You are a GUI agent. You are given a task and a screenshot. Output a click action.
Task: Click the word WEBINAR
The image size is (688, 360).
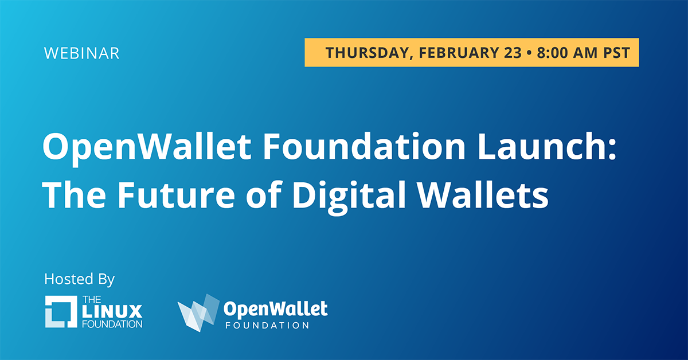(81, 53)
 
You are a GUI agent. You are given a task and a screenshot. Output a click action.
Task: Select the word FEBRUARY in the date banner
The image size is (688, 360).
(459, 53)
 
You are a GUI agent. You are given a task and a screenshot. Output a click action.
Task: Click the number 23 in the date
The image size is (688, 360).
(513, 53)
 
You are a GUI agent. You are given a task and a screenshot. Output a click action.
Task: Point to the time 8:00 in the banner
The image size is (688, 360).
(552, 53)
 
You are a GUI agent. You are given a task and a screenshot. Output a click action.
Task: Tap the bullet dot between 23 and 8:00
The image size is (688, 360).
(529, 53)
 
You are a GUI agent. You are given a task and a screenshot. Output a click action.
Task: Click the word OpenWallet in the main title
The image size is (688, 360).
(147, 147)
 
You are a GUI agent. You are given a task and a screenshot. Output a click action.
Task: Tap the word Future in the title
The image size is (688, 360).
(176, 195)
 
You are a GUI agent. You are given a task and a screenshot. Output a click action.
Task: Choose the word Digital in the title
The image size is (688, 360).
(350, 197)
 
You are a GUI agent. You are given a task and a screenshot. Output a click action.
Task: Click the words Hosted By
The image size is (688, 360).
(79, 280)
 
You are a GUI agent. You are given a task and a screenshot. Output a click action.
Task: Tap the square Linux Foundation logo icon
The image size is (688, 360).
(61, 311)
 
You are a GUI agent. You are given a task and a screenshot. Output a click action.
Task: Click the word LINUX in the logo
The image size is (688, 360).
(112, 311)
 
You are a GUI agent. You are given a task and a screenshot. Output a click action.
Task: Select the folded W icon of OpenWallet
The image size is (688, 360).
(198, 312)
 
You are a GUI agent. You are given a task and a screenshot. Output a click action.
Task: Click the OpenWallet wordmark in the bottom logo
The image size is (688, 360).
(276, 310)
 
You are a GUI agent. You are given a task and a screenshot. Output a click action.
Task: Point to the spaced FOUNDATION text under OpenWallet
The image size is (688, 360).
(267, 325)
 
